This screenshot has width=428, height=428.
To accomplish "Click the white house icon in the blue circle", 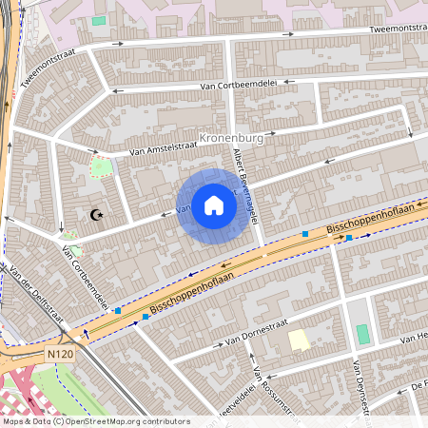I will pos(214,205).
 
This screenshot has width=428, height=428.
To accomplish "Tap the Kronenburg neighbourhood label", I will pos(235,137).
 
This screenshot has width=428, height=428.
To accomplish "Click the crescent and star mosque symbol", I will pos(95,216).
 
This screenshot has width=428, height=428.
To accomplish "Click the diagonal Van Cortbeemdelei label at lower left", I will pos(85,278).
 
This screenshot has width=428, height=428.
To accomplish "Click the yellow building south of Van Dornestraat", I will pos(300,340).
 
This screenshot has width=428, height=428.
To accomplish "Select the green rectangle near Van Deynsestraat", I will pos(362,335).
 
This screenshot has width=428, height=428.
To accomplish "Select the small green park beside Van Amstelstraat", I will pos(100,168).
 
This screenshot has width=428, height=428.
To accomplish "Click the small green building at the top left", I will pos(99,20).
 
